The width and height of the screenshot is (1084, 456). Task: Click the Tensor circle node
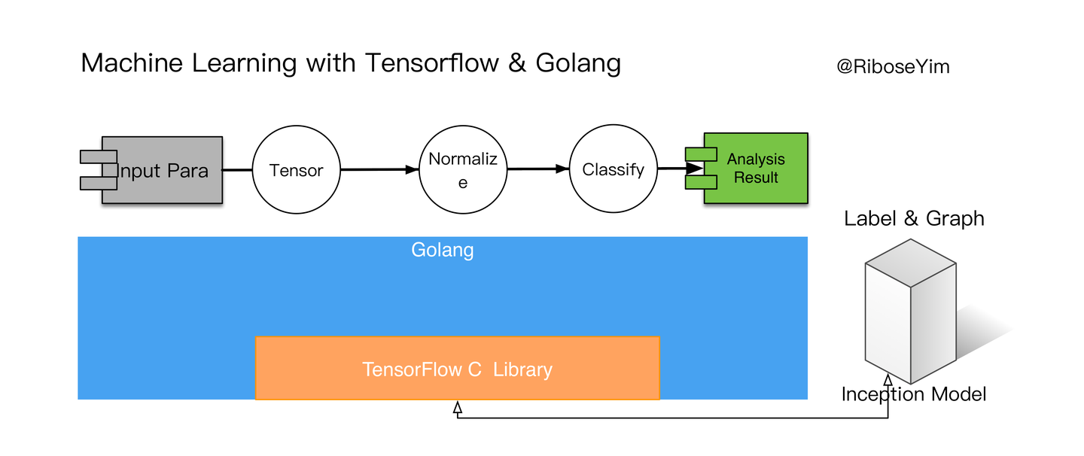297,170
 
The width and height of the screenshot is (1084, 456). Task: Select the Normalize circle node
463,170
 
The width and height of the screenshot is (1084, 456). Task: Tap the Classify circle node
613,170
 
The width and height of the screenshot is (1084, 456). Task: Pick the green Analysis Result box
756,169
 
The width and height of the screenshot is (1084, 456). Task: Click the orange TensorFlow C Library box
458,369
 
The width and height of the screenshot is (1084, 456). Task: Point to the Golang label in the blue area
443,250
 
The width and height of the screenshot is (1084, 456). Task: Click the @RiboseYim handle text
893,67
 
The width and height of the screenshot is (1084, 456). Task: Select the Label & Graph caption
914,219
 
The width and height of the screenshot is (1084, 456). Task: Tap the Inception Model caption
914,394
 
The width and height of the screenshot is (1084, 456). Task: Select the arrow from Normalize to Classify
537,170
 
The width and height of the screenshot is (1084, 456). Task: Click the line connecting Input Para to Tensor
237,170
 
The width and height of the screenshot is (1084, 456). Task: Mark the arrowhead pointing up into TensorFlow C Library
458,407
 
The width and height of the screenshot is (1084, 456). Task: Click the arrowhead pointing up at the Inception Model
888,380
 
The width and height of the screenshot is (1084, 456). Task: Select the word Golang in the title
578,63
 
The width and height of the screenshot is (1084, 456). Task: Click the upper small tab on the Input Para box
99,157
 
